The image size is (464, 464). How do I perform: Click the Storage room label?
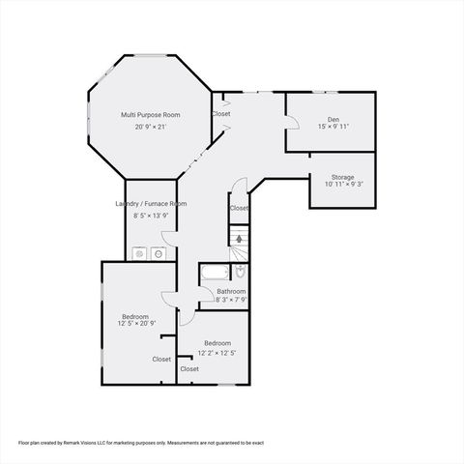tap(342, 177)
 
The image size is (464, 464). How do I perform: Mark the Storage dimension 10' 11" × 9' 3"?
tap(342, 185)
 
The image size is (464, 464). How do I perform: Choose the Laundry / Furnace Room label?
tap(151, 204)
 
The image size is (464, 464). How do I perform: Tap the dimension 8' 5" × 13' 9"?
tap(151, 215)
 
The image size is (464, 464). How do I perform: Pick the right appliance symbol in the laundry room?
tap(159, 253)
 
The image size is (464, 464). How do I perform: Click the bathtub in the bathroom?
tap(212, 274)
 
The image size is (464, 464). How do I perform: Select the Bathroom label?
tap(231, 291)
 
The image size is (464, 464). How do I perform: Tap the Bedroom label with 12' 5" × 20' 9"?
tap(135, 316)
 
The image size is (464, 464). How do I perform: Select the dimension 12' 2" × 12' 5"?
tap(217, 353)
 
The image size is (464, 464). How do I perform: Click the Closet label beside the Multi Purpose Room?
tap(221, 113)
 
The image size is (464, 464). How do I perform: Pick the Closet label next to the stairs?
tap(239, 208)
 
